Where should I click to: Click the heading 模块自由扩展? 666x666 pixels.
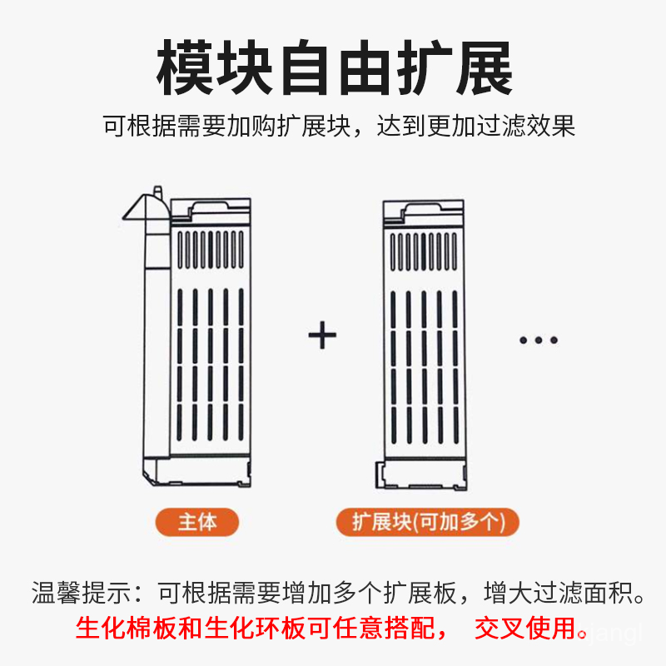click(335, 68)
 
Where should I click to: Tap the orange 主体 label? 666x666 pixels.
click(197, 522)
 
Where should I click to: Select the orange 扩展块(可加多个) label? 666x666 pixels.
click(428, 522)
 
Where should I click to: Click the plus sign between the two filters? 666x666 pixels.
click(322, 335)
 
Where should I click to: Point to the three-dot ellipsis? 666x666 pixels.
click(539, 340)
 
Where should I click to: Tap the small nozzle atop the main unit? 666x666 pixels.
click(157, 191)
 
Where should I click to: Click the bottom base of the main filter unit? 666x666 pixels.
click(196, 470)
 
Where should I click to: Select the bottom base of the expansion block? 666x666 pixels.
click(421, 474)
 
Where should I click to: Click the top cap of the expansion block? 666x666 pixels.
click(424, 215)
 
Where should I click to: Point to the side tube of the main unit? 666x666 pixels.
click(157, 340)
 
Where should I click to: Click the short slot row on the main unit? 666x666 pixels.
click(211, 250)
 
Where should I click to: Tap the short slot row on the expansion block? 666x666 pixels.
click(424, 252)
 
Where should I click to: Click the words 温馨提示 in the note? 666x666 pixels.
click(81, 593)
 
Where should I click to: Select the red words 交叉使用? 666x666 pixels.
click(525, 629)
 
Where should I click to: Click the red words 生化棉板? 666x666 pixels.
click(127, 629)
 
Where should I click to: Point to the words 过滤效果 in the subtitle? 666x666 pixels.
click(526, 126)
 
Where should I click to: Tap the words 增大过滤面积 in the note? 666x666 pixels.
click(558, 593)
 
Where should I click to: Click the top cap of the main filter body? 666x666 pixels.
click(211, 212)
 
